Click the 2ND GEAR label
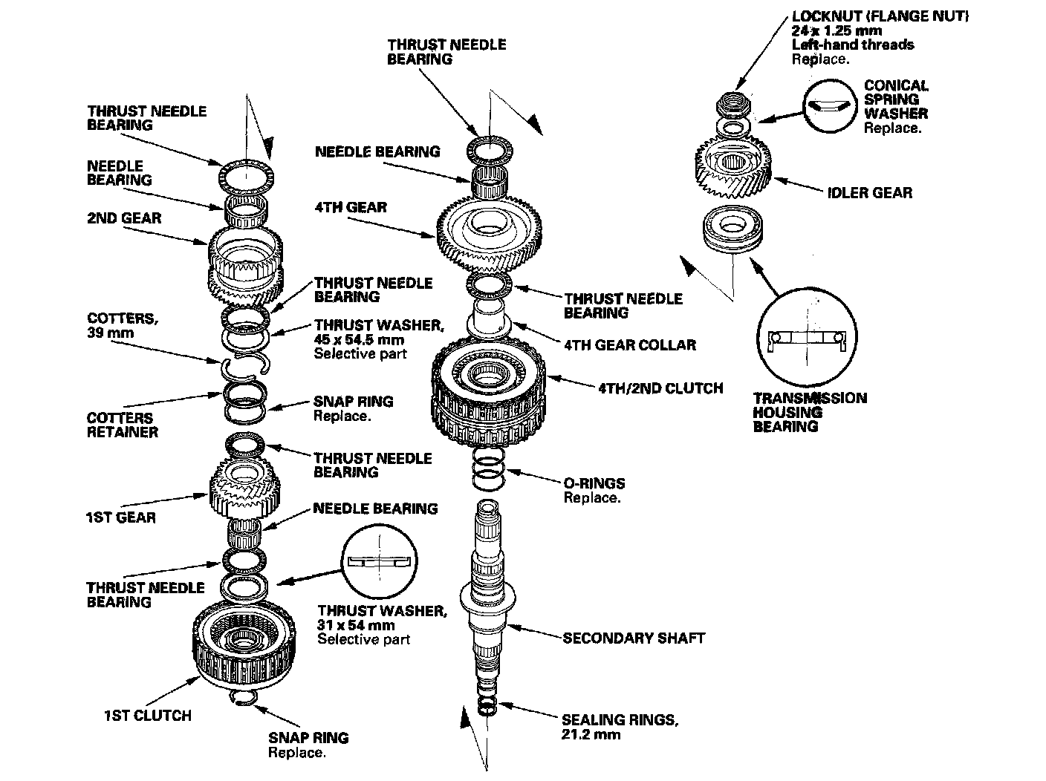[124, 218]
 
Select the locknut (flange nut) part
[730, 104]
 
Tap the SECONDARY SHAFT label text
[634, 638]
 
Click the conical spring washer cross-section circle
[828, 105]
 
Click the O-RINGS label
[594, 483]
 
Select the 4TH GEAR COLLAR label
[630, 344]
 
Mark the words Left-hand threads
[853, 45]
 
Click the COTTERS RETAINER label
[122, 425]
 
